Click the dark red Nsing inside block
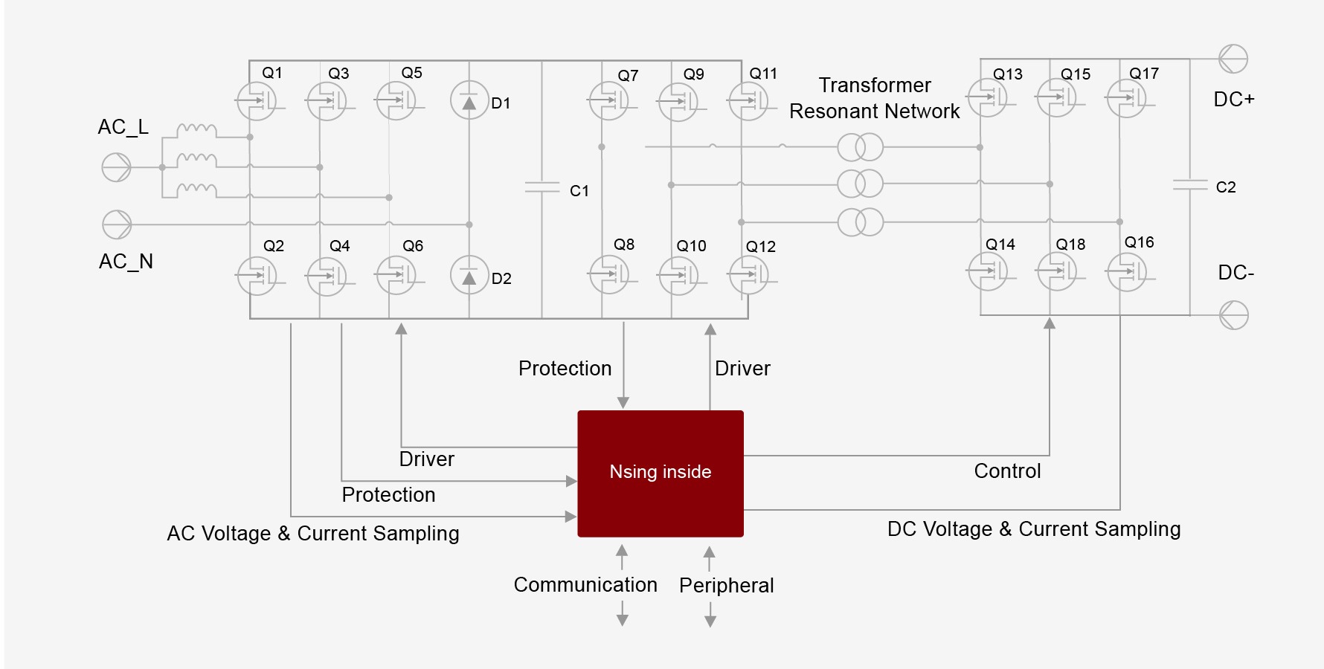click(661, 474)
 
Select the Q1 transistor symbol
click(257, 101)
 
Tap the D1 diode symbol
click(469, 101)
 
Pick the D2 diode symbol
click(469, 275)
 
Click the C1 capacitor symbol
click(542, 187)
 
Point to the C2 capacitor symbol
click(1190, 184)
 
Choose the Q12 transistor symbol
click(748, 275)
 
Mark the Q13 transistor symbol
click(987, 98)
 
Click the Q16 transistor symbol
click(1127, 272)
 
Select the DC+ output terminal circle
click(1233, 59)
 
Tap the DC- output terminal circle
click(1233, 315)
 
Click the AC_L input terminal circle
click(116, 167)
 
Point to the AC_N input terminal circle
click(117, 224)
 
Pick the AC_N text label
click(126, 262)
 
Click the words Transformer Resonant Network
click(875, 98)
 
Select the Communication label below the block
click(585, 585)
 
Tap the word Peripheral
click(726, 586)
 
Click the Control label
click(1007, 471)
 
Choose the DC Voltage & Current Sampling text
click(1033, 529)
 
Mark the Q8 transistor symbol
click(609, 274)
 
